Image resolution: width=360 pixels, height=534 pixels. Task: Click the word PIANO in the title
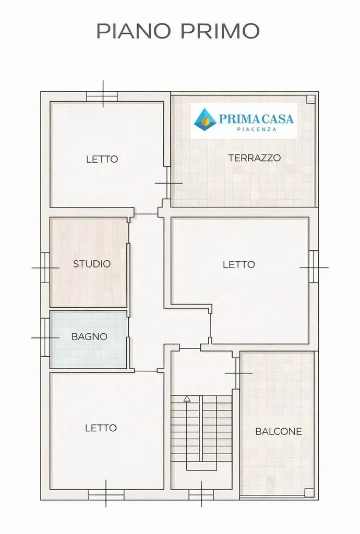[x=133, y=31]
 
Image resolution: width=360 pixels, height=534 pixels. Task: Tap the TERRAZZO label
[x=255, y=157]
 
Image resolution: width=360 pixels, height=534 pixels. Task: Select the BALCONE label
[x=279, y=431]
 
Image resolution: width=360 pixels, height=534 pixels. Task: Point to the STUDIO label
[x=92, y=263]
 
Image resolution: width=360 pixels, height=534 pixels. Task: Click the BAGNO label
[x=89, y=336]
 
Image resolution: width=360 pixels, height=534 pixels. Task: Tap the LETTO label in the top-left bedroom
[x=102, y=159]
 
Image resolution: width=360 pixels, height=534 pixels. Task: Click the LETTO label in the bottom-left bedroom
[x=101, y=428]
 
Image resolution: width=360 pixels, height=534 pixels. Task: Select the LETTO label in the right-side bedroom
[x=239, y=264]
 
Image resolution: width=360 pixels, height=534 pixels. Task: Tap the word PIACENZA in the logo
[x=257, y=129]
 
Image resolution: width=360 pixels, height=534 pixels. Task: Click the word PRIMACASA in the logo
[x=257, y=118]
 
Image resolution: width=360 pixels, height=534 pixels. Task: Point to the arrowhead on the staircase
[x=187, y=398]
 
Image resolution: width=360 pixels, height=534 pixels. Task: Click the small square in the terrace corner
[x=310, y=99]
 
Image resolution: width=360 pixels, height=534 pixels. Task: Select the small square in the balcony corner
[x=309, y=493]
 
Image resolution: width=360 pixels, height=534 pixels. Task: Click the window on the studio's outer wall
[x=45, y=268]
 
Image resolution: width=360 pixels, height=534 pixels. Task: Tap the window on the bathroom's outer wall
[x=45, y=337]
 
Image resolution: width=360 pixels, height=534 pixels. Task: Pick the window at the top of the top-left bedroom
[x=102, y=96]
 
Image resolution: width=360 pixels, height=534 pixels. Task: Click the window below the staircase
[x=201, y=495]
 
